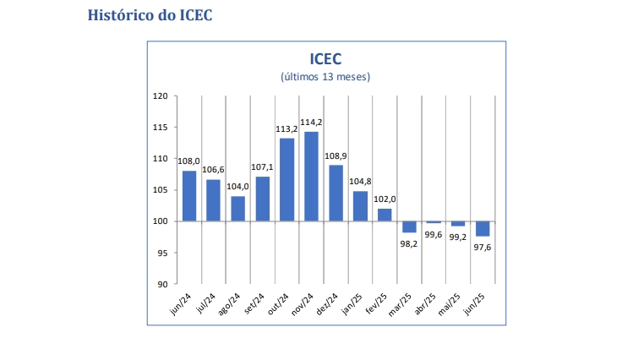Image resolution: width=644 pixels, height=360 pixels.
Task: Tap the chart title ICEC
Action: tap(325, 58)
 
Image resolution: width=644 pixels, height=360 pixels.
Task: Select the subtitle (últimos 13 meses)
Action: tap(325, 77)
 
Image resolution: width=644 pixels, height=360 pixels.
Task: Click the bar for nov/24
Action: tap(311, 177)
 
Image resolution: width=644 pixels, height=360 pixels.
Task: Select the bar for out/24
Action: tap(287, 179)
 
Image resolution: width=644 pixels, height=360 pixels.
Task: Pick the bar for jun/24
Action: tap(189, 196)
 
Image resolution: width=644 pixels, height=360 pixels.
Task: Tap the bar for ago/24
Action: tap(238, 209)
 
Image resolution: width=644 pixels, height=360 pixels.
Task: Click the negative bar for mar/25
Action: tap(409, 226)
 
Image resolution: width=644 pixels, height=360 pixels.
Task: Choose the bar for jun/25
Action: tap(483, 228)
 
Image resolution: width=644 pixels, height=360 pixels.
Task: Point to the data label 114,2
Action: tap(311, 123)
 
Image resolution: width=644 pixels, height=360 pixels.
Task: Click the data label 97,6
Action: tap(483, 247)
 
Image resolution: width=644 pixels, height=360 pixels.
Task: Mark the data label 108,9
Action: tap(336, 156)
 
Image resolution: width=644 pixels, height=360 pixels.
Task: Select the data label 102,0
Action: tap(385, 199)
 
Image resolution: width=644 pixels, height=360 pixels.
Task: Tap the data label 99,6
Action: tap(434, 234)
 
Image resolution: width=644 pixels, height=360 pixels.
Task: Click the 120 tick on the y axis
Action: tap(161, 96)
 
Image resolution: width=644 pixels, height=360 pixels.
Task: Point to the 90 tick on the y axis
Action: tap(163, 284)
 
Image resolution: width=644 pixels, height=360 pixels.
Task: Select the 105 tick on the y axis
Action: tap(161, 190)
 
